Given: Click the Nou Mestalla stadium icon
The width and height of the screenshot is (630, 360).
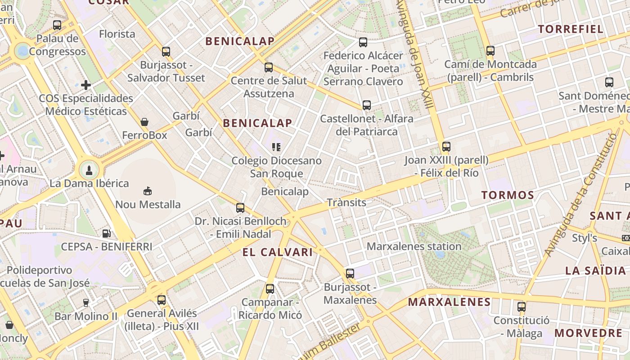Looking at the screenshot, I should [148, 191].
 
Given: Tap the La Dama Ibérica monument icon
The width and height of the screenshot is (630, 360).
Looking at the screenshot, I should [89, 170].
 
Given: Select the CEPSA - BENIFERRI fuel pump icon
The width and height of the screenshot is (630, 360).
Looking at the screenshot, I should [107, 233].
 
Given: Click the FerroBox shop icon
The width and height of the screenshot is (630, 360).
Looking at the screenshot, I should [144, 122].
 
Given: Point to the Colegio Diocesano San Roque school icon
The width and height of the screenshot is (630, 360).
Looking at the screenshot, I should [276, 147].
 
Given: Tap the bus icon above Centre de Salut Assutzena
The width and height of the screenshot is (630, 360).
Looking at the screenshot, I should [269, 67].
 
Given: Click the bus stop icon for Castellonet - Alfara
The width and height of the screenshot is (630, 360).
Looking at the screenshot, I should [367, 105].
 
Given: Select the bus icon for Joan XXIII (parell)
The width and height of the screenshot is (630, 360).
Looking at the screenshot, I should [446, 146].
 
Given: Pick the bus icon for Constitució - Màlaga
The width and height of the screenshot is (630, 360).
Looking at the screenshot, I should [521, 307].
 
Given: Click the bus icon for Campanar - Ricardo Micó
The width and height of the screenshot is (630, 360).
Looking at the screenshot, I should [270, 288].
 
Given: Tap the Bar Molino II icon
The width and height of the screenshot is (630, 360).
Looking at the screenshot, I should [85, 302].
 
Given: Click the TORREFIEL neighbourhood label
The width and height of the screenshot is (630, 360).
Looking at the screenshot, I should [571, 29].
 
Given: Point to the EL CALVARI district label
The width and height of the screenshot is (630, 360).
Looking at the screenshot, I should [277, 252].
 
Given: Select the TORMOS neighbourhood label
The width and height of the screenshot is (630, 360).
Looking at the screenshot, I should [508, 195].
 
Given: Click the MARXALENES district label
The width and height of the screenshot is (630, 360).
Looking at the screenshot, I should [449, 302].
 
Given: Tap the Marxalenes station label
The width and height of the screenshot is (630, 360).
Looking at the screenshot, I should [414, 247].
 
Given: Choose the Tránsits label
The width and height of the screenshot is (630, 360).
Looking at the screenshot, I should [346, 202].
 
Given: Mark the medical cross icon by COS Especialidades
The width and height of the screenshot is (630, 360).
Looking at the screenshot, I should [86, 85].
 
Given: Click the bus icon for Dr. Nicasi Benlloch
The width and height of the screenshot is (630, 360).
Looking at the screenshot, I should [240, 207].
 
